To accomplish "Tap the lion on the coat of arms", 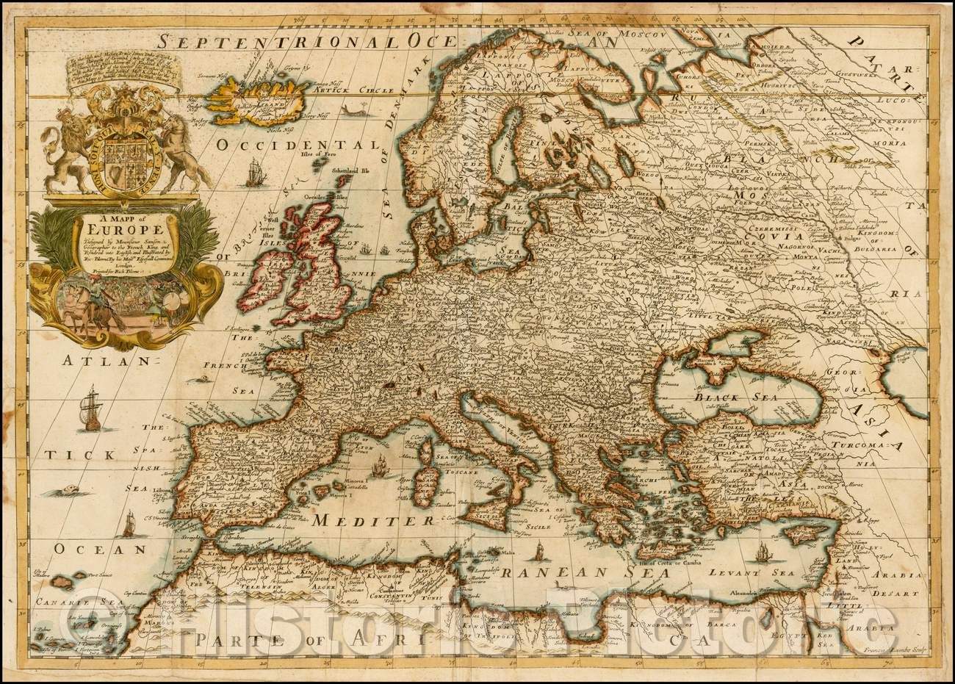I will point(62,154).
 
